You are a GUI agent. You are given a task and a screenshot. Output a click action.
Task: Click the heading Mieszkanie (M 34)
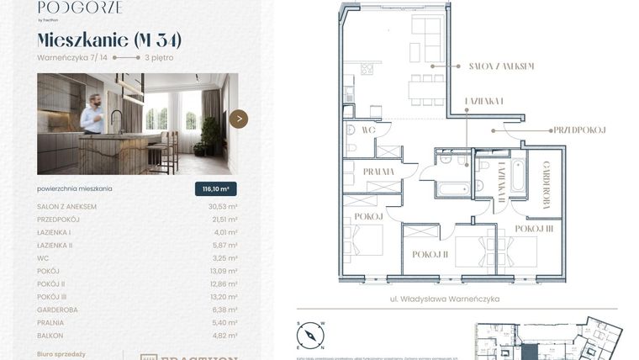click(x=109, y=40)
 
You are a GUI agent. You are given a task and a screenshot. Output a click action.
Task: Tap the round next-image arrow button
click(x=239, y=119)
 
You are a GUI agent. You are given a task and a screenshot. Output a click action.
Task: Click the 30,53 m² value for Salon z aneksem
click(x=222, y=207)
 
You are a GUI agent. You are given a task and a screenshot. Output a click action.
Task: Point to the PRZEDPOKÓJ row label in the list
click(x=62, y=220)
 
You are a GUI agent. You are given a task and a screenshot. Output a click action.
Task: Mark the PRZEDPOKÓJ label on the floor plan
click(x=579, y=130)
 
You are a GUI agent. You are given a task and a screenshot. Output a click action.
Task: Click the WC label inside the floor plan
click(x=367, y=130)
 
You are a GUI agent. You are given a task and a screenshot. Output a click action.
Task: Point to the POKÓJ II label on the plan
click(x=429, y=254)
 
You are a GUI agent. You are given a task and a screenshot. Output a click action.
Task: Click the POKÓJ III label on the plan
click(x=534, y=228)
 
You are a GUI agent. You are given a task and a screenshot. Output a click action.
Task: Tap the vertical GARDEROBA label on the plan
click(x=546, y=184)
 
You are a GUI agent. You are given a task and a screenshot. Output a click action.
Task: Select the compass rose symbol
click(x=309, y=336)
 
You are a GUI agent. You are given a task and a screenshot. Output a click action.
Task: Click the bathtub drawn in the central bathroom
click(x=452, y=188)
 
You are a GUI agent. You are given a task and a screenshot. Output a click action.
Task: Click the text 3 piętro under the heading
click(x=161, y=58)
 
